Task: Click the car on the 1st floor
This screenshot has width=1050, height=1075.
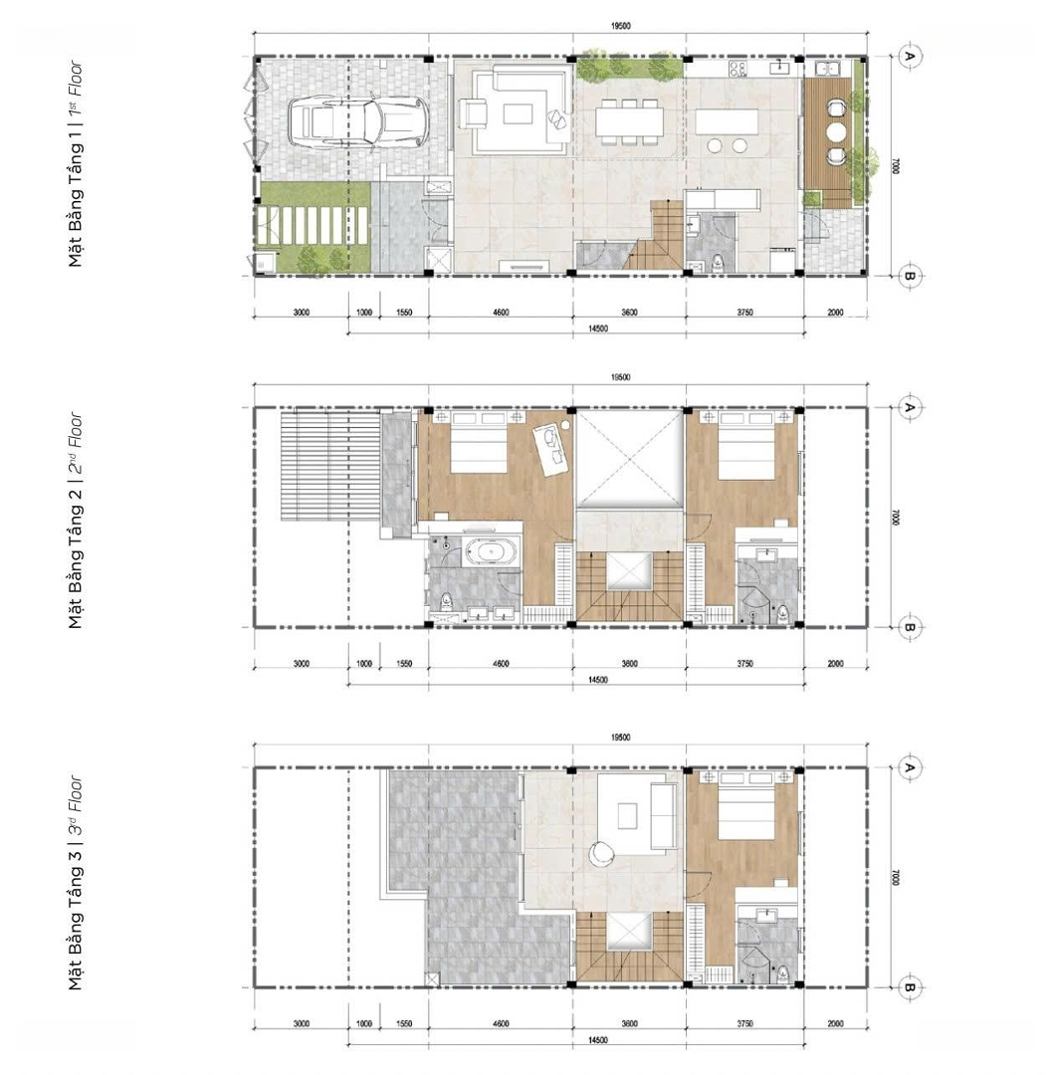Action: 357,122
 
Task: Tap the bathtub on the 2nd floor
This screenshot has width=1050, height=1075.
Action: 490,552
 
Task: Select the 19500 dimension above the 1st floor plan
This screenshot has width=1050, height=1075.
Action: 620,26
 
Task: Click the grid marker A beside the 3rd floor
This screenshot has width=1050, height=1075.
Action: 910,767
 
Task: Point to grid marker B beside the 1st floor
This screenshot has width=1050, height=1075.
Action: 910,276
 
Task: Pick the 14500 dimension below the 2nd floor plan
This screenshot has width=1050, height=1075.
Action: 597,680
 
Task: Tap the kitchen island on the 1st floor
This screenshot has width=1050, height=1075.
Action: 727,122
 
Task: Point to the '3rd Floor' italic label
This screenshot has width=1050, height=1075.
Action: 76,794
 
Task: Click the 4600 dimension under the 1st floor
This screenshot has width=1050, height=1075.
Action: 501,313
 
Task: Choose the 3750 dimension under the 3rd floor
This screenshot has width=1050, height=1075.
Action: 744,1024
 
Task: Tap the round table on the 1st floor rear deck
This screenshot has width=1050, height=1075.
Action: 836,131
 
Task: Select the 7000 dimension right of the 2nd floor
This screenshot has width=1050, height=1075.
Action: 895,518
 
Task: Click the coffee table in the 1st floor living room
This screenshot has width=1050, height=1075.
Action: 518,113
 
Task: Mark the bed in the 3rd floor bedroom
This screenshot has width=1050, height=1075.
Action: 745,803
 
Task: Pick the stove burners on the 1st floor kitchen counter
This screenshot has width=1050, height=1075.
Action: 737,68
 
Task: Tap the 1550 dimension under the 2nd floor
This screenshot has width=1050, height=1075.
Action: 404,664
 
